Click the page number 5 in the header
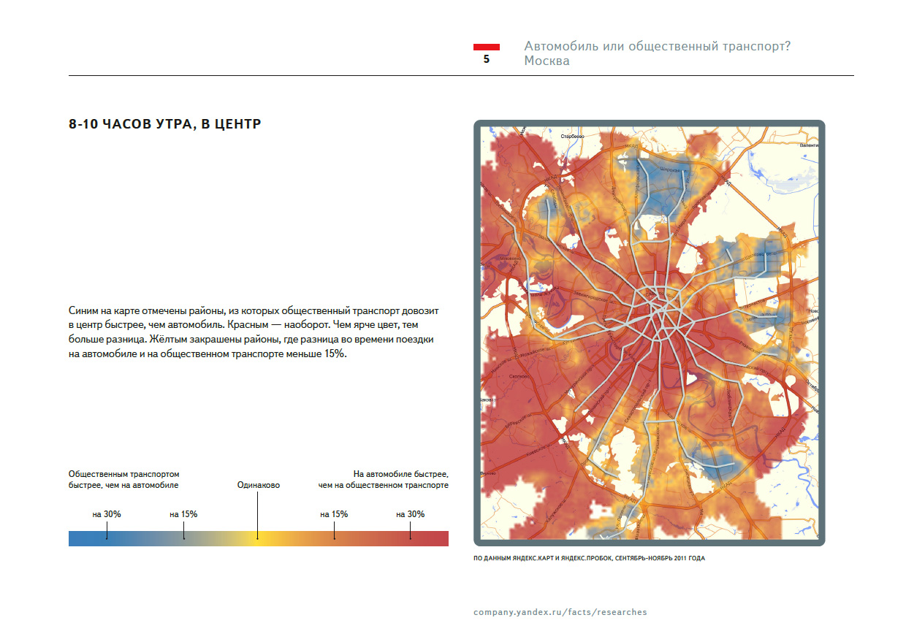[487, 60]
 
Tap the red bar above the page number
[487, 47]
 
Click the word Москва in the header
[547, 61]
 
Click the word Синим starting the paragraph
[84, 310]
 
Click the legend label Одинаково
[259, 485]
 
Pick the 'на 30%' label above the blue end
[107, 514]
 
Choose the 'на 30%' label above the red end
[411, 514]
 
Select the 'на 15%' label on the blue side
[183, 514]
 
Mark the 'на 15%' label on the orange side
[334, 514]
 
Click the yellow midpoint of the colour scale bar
[258, 538]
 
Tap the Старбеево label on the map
[573, 137]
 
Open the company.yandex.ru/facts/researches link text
[560, 612]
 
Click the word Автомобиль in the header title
[560, 46]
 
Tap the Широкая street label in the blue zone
[670, 169]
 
